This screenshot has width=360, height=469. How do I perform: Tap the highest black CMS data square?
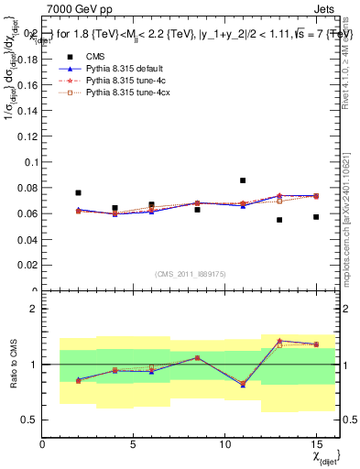(243, 180)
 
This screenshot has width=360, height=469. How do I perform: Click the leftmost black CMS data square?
(79, 193)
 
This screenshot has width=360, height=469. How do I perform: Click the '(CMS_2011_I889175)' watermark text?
(188, 275)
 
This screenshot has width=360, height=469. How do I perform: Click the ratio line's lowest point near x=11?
(243, 385)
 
